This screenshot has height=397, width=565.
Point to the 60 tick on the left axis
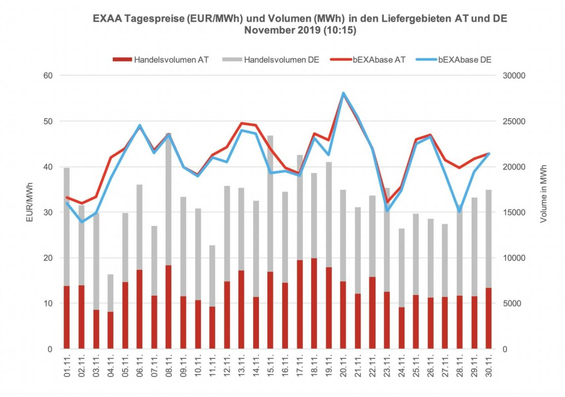[x=48, y=75]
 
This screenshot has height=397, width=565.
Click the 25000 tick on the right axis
[x=514, y=121]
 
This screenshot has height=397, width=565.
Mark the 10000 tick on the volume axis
[x=514, y=258]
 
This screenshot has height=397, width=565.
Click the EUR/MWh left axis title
[x=30, y=202]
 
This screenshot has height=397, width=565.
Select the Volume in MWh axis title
[x=543, y=194]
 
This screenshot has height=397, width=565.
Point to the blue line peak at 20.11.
[x=343, y=93]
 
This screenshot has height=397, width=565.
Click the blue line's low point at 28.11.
[x=459, y=212]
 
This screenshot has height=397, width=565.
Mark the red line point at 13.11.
[x=241, y=123]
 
